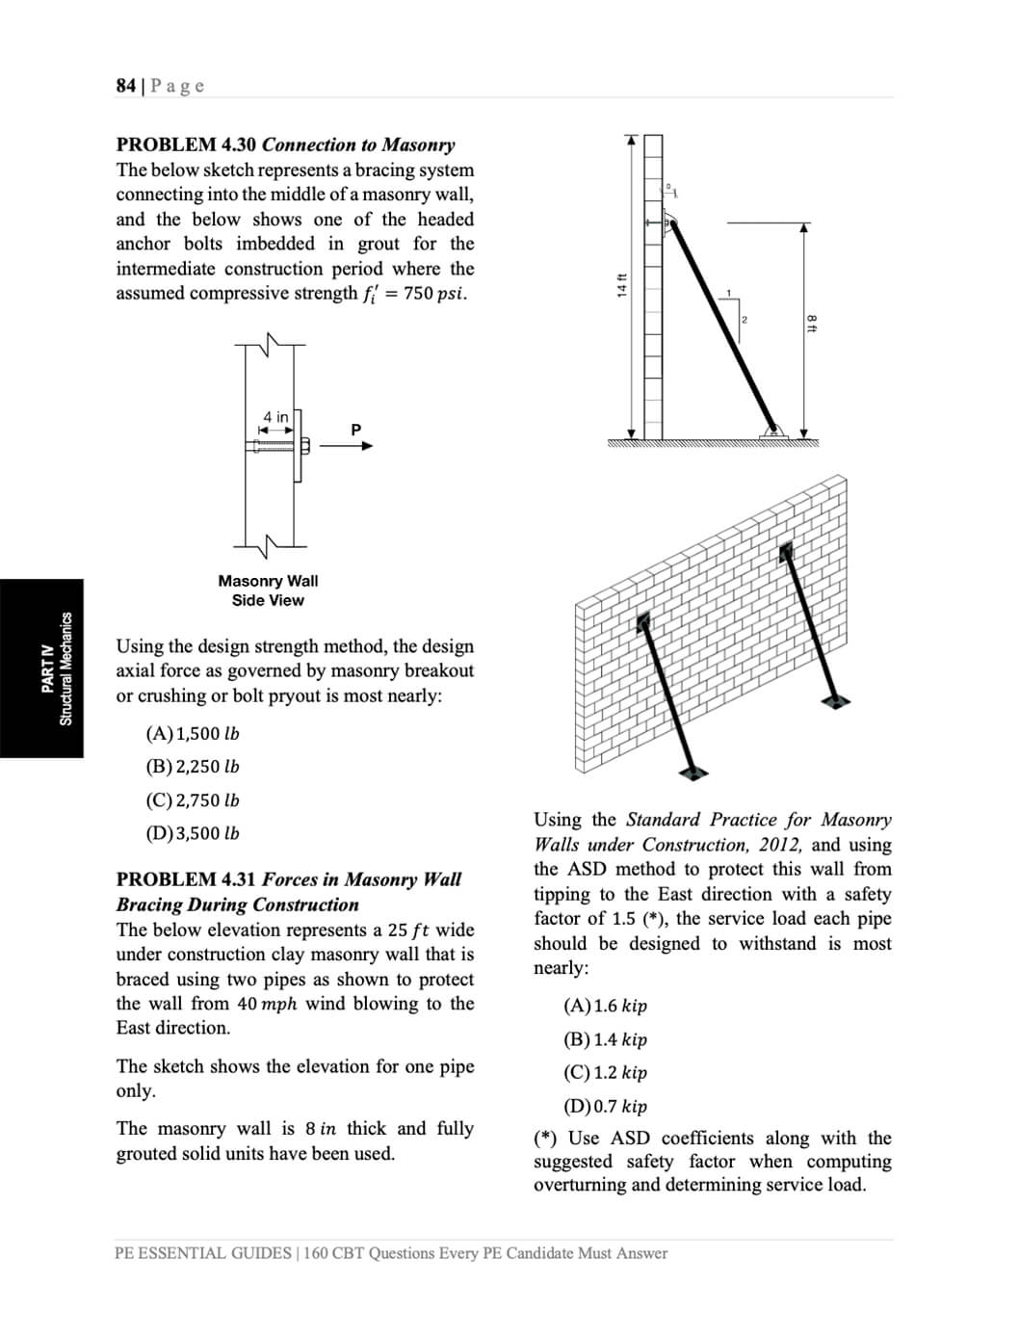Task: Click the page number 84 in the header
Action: pos(125,86)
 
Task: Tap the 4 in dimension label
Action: pos(275,417)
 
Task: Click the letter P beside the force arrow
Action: pos(355,430)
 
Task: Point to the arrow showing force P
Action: pos(346,446)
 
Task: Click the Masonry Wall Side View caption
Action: pos(268,590)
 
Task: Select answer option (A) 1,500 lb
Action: pos(193,733)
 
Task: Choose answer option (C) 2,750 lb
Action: pos(193,800)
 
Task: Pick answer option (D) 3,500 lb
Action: pos(193,833)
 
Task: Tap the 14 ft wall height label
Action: pos(621,286)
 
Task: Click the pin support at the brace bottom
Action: pos(772,431)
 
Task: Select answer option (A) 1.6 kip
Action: pos(606,1006)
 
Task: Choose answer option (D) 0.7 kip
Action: pos(606,1106)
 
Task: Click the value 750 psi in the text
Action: pos(435,294)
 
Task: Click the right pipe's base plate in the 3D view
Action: pos(836,700)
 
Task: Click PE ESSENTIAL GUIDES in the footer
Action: pos(202,1253)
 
